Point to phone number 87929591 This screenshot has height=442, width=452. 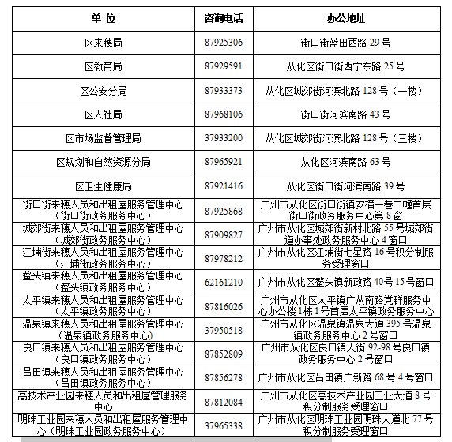coord(224,66)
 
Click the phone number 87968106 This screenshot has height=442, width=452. coord(224,114)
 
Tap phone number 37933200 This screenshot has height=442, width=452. coord(224,138)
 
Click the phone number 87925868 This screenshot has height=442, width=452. coord(224,211)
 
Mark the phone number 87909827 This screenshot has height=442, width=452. coord(224,234)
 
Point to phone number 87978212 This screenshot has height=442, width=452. coord(224,258)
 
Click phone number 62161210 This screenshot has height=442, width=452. coord(224,282)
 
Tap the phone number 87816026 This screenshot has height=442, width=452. coord(224,306)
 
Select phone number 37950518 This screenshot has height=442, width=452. coord(224,330)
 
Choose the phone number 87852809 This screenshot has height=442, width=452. coord(224,354)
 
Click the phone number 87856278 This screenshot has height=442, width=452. coord(224,377)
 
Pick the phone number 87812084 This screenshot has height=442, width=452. coord(224,401)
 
